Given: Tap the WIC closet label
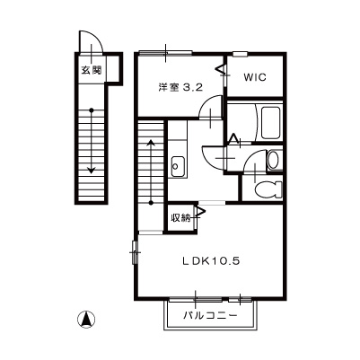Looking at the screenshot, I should (x=253, y=77).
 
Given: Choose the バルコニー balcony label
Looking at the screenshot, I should (x=211, y=316).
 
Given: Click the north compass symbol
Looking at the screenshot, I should (x=87, y=318).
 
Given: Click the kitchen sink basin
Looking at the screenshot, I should (x=176, y=165).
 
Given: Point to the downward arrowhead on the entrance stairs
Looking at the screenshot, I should (x=90, y=169).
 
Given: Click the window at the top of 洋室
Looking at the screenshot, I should (x=178, y=51).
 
